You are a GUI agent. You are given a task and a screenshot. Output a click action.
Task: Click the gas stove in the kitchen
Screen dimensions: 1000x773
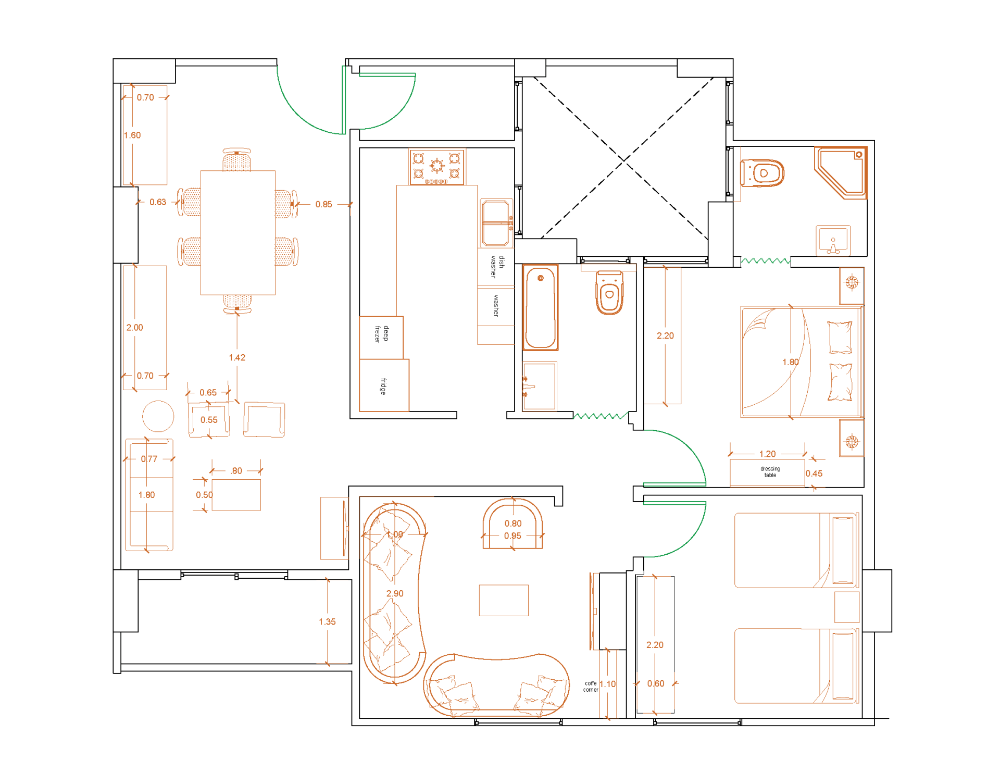pos(436,167)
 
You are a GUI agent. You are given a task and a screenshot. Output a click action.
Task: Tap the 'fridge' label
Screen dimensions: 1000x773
pos(383,386)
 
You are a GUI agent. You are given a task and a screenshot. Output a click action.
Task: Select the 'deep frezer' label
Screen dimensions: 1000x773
pos(382,333)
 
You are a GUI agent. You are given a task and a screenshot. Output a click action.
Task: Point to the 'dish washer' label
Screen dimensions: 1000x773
pos(497,266)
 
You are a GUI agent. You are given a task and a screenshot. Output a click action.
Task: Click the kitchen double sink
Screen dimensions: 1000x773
pos(496,222)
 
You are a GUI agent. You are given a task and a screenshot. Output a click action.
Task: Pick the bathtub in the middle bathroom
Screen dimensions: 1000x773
pos(540,307)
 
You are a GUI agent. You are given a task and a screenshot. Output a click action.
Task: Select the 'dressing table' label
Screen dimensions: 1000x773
pos(770,472)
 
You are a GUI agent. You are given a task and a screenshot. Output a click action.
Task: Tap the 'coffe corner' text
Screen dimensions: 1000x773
pos(591,687)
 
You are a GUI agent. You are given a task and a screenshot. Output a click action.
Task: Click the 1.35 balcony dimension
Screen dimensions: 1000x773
pos(327,621)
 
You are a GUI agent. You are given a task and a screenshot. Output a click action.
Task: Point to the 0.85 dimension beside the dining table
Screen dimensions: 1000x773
pos(323,204)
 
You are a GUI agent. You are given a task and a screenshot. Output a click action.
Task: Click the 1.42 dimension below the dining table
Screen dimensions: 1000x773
pos(237,357)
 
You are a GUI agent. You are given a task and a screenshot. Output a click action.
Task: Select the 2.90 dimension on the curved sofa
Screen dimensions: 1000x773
pos(395,593)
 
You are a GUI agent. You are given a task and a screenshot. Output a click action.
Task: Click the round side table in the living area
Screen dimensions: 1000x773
pos(158,417)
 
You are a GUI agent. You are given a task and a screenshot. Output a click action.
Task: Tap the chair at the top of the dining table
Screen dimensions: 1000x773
pos(236,160)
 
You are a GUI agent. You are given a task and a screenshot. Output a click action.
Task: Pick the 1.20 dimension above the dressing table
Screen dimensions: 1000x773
pos(767,454)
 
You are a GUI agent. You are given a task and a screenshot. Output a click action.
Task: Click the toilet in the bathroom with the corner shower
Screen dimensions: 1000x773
pos(762,173)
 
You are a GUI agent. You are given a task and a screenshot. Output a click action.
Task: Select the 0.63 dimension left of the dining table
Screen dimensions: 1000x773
pos(158,202)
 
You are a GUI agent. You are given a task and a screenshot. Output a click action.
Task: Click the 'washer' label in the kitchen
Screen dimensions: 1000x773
pos(496,305)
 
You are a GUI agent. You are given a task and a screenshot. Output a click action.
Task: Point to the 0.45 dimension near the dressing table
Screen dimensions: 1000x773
pos(814,473)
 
